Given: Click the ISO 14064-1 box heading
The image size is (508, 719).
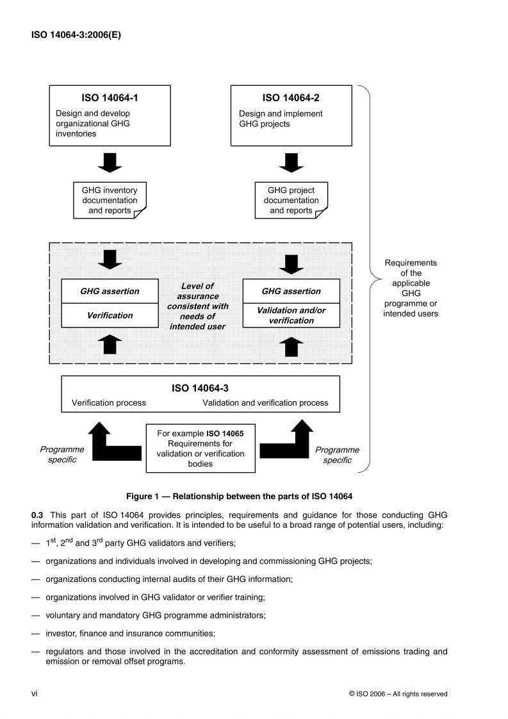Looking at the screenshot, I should click(x=110, y=98).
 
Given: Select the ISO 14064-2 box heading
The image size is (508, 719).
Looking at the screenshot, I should click(x=291, y=98).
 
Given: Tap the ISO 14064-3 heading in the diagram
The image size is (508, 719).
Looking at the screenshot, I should click(x=200, y=388).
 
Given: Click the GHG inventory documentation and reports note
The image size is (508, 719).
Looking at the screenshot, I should click(x=110, y=201).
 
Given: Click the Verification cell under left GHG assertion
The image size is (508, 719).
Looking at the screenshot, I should click(x=110, y=315).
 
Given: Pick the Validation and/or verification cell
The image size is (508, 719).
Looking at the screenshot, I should click(x=291, y=315).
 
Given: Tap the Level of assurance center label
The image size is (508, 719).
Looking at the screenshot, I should click(x=197, y=306).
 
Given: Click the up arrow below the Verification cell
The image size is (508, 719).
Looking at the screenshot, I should click(x=110, y=344).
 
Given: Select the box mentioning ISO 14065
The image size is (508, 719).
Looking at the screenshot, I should click(x=200, y=449).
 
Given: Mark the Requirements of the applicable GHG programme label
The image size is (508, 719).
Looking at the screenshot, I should click(x=410, y=288).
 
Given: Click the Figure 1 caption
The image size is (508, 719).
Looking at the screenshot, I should click(x=240, y=496).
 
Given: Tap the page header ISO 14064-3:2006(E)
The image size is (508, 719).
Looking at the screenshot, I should click(x=76, y=35).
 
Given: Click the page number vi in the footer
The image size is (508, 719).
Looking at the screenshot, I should click(x=35, y=693).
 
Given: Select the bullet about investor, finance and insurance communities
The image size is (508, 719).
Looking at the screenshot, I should click(x=130, y=633).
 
